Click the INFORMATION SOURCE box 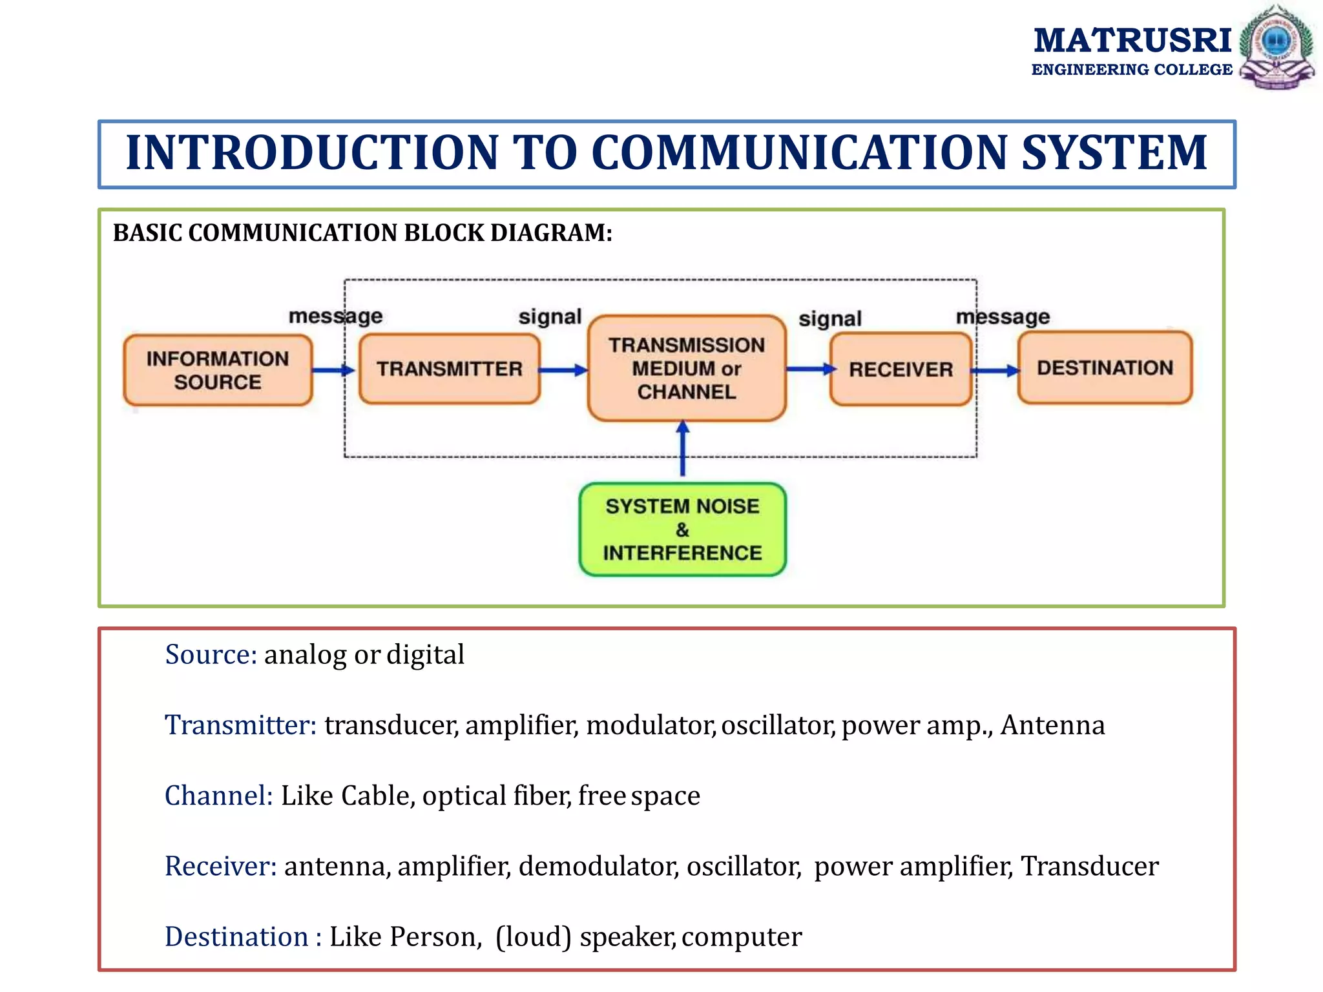click(218, 370)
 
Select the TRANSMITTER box click(449, 369)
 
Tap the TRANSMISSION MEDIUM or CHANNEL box click(687, 368)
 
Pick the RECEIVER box click(901, 369)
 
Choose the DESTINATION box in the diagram click(1105, 367)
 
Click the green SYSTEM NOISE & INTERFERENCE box click(682, 530)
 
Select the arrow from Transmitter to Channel click(563, 370)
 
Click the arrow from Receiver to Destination click(995, 371)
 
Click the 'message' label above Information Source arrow click(335, 316)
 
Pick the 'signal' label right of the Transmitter click(550, 316)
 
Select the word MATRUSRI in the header click(1132, 41)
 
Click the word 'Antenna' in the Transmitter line click(1052, 725)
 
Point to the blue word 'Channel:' click(219, 796)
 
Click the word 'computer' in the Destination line click(741, 937)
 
